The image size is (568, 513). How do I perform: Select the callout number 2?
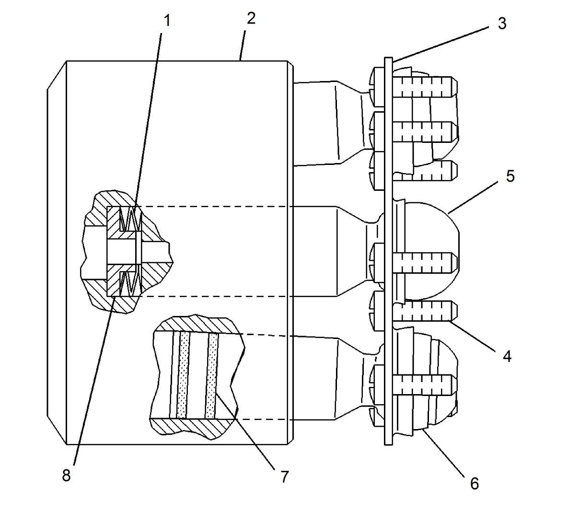pos(251,19)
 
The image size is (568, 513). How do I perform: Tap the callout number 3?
pos(501,23)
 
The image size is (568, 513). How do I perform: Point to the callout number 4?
pos(507,356)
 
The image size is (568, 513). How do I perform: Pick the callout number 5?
pos(510,176)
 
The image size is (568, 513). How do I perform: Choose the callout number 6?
pos(474,483)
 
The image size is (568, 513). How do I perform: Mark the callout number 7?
pos(285,477)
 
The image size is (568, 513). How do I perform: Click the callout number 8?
pos(66,476)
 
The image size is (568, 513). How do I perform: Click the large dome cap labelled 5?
pos(434,225)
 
